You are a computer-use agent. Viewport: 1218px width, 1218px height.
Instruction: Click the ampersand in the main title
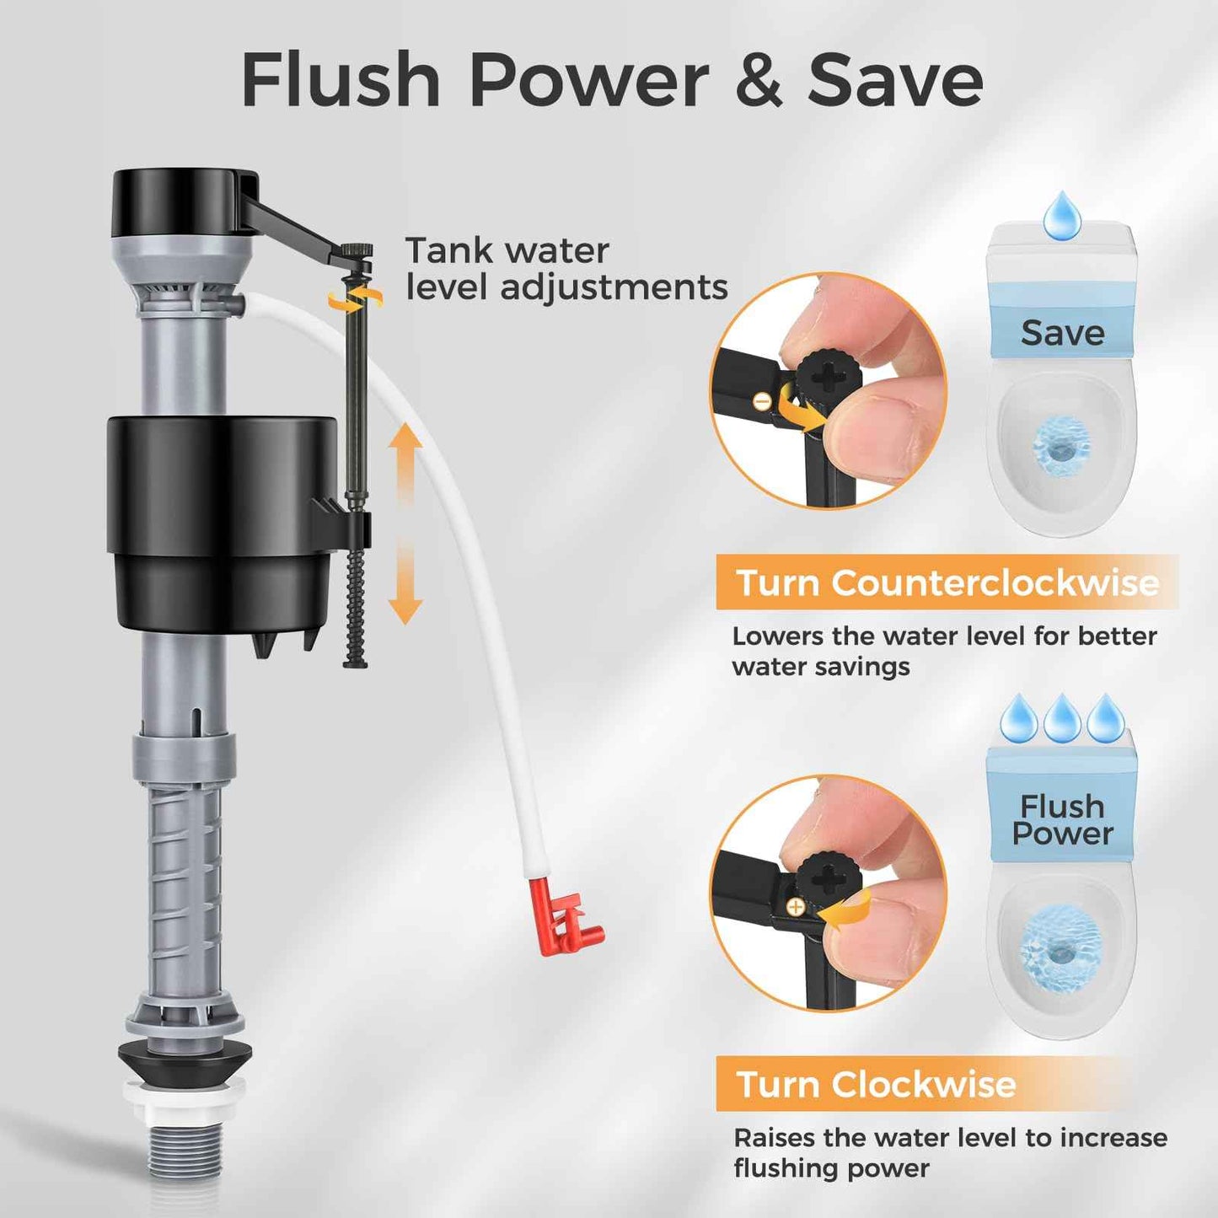pyautogui.click(x=759, y=80)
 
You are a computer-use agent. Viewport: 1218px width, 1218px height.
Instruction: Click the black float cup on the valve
pyautogui.click(x=221, y=523)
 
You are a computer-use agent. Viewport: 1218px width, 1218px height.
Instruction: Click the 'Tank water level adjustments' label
pyautogui.click(x=566, y=269)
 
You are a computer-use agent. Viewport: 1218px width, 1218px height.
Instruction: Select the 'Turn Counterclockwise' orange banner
pyautogui.click(x=947, y=582)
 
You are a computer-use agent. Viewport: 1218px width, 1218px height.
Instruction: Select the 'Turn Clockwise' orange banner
pyautogui.click(x=877, y=1084)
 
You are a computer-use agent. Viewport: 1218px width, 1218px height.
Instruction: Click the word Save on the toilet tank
pyautogui.click(x=1062, y=333)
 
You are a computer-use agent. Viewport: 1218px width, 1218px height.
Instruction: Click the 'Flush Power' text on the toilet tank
pyautogui.click(x=1062, y=819)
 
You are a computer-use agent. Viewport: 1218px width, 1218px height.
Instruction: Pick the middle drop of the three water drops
pyautogui.click(x=1062, y=718)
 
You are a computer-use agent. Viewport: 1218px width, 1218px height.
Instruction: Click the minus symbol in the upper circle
pyautogui.click(x=762, y=402)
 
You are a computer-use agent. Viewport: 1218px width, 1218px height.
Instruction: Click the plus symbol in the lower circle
pyautogui.click(x=794, y=907)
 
